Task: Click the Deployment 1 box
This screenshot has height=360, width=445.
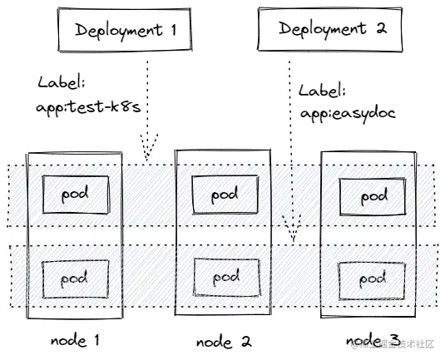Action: coord(123,30)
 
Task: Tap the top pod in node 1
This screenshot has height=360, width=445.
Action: coord(74,195)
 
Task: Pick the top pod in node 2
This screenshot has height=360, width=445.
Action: coord(224,195)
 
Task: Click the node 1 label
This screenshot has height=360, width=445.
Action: coord(75,340)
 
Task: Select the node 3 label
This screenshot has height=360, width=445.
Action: coord(373,339)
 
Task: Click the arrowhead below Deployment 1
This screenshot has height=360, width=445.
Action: coord(148,153)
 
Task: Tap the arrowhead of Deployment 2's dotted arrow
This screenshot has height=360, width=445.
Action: coord(290,229)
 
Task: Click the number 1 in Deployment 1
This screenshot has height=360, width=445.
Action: coord(173,31)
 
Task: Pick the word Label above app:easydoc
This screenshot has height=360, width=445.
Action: coord(320,91)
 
